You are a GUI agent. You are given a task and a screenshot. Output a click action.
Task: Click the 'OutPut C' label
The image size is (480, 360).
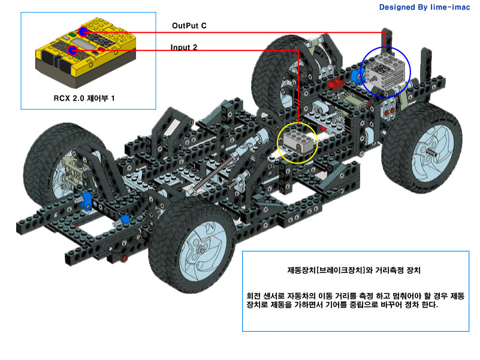[x=189, y=26]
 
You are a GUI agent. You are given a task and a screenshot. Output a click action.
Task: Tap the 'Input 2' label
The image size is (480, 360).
[x=184, y=47]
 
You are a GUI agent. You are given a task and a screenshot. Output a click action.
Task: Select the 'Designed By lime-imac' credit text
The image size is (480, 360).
[x=424, y=7]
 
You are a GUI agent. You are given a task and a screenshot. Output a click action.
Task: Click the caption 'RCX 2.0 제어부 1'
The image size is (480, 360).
[x=84, y=98]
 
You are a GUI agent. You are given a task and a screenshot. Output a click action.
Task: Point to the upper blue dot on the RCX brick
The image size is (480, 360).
[x=83, y=32]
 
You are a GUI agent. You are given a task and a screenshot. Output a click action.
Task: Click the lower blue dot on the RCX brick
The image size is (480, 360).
[x=73, y=50]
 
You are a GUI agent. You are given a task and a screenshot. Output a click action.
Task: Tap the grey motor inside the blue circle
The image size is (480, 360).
[x=387, y=71]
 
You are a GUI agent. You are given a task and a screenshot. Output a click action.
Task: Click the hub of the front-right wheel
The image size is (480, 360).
[x=434, y=152]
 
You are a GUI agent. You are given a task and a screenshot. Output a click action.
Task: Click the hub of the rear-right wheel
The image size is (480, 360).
[x=202, y=250]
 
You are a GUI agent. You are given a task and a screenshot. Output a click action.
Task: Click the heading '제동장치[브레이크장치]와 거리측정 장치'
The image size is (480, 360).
[x=354, y=270]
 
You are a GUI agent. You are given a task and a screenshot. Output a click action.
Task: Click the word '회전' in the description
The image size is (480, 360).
[x=253, y=296]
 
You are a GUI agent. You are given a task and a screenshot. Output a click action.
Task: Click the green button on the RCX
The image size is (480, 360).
[x=73, y=35]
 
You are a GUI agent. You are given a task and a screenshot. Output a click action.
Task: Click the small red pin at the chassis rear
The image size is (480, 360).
[x=124, y=259]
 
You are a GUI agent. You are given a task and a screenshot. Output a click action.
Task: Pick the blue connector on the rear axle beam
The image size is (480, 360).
[x=86, y=201]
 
